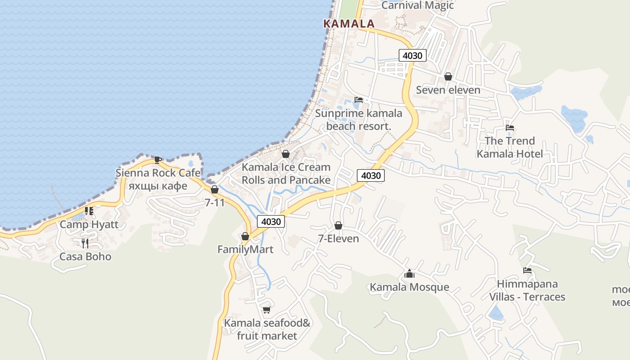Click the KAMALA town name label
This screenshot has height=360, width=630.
349,24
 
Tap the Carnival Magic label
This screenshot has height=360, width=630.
417,5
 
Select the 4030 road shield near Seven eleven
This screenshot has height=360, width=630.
412,55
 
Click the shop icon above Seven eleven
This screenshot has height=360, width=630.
448,77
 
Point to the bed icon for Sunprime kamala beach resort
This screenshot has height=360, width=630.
358,100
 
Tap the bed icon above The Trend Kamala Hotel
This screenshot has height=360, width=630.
509,128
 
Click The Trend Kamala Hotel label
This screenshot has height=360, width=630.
509,147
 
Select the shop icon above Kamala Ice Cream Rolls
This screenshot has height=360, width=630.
285,154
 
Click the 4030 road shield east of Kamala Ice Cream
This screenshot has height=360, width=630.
371,175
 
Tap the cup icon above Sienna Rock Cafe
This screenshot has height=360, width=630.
157,160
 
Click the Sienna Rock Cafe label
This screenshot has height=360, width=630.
157,173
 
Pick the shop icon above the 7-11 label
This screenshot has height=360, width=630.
215,190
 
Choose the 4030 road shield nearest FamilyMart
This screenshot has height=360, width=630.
271,221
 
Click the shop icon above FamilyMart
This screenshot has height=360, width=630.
245,237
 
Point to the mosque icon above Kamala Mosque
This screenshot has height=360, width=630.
409,274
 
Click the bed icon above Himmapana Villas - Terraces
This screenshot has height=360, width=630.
527,270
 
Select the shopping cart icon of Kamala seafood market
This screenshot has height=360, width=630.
266,310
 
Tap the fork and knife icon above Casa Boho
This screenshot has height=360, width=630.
85,243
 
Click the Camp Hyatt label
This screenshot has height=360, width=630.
89,224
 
